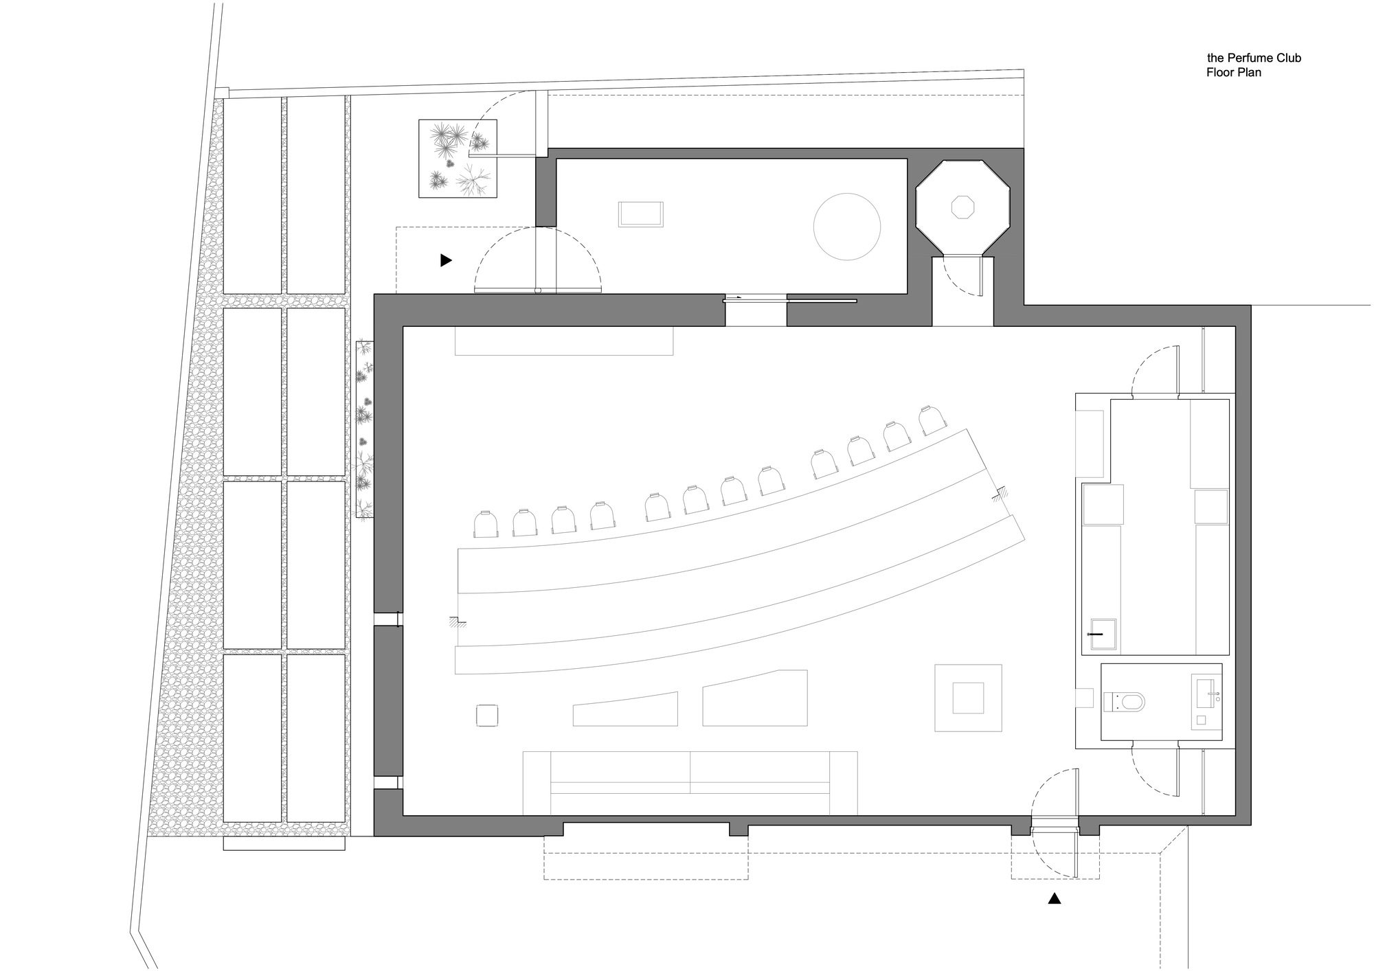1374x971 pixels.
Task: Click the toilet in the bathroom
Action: (x=1124, y=702)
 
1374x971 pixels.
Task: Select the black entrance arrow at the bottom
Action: (x=1055, y=898)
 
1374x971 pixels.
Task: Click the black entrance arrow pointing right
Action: (x=446, y=260)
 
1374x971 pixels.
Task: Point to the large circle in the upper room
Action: (x=846, y=227)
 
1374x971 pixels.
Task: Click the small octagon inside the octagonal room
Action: (x=962, y=207)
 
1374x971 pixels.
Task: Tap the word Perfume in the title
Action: (x=1259, y=58)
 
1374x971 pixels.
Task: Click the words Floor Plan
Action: (x=1234, y=72)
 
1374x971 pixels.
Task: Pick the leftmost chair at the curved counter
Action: (x=486, y=525)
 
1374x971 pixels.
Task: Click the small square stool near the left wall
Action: (x=487, y=715)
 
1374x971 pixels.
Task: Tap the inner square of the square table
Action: (x=968, y=698)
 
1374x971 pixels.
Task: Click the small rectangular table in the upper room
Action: (x=641, y=214)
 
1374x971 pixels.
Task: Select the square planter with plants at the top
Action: (x=458, y=159)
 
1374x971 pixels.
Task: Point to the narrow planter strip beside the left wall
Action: (x=365, y=429)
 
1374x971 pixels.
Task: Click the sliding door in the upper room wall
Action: (x=790, y=299)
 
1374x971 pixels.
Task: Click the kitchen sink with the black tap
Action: (x=1099, y=634)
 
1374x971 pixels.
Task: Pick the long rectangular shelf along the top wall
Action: (x=564, y=341)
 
